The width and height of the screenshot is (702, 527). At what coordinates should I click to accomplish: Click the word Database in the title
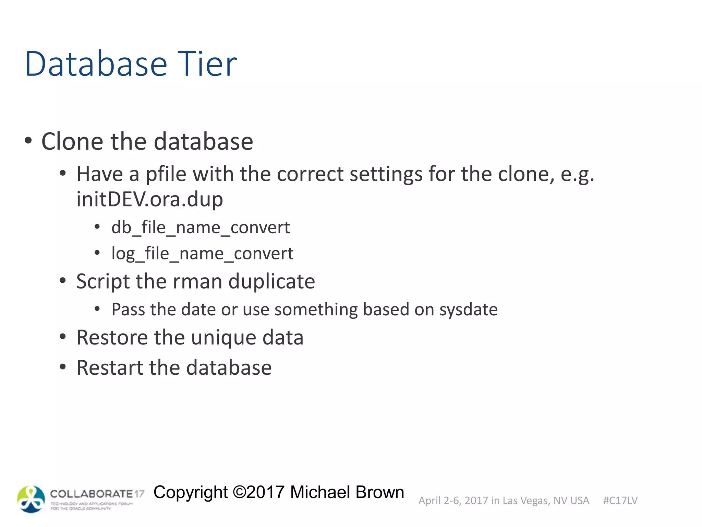pyautogui.click(x=96, y=64)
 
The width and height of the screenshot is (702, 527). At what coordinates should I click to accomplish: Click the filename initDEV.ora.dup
pyautogui.click(x=149, y=199)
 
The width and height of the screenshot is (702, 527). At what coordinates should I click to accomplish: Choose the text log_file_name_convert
pyautogui.click(x=202, y=254)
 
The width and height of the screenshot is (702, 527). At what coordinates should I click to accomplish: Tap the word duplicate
pyautogui.click(x=271, y=282)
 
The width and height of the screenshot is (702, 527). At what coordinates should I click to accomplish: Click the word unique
pyautogui.click(x=223, y=338)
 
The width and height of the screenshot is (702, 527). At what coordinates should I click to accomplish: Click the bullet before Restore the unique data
pyautogui.click(x=62, y=337)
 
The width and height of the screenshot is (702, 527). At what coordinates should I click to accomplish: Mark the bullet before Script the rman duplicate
pyautogui.click(x=62, y=281)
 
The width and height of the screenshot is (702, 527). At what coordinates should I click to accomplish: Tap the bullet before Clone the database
pyautogui.click(x=28, y=141)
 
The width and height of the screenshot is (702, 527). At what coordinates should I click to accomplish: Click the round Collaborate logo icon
pyautogui.click(x=31, y=499)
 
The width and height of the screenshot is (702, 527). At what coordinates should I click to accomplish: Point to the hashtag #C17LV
pyautogui.click(x=620, y=501)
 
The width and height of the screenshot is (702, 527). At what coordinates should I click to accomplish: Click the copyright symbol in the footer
pyautogui.click(x=239, y=492)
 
